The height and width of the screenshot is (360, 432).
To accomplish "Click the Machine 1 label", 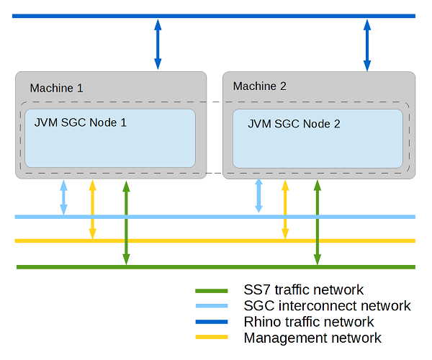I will pyautogui.click(x=57, y=89).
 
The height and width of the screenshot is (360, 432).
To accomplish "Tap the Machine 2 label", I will pyautogui.click(x=260, y=86).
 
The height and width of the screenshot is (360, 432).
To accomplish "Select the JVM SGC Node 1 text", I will pyautogui.click(x=81, y=122).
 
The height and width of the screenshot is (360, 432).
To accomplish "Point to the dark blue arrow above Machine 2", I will pyautogui.click(x=367, y=44).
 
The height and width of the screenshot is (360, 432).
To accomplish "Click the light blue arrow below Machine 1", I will pyautogui.click(x=63, y=197).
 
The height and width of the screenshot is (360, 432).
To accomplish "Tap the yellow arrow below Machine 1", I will pyautogui.click(x=91, y=210).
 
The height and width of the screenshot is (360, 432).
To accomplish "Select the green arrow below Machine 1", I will pyautogui.click(x=126, y=222).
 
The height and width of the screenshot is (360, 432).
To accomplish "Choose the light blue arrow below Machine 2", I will pyautogui.click(x=259, y=196).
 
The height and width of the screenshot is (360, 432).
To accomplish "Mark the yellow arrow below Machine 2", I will pyautogui.click(x=285, y=210).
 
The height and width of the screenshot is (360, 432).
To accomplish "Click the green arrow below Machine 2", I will pyautogui.click(x=317, y=222).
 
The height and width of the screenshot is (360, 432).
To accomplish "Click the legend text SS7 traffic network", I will pyautogui.click(x=304, y=290).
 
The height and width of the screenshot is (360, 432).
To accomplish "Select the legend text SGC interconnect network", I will pyautogui.click(x=327, y=306).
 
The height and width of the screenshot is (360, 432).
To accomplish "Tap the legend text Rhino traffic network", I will pyautogui.click(x=309, y=322).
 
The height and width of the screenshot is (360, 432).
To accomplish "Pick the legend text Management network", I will pyautogui.click(x=312, y=338).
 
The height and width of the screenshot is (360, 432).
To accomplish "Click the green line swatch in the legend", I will pyautogui.click(x=212, y=291).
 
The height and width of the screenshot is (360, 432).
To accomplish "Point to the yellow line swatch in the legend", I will pyautogui.click(x=212, y=338).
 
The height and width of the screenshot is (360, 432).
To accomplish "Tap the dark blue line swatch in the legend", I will pyautogui.click(x=212, y=322).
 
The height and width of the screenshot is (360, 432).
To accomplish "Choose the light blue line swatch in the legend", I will pyautogui.click(x=212, y=307).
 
